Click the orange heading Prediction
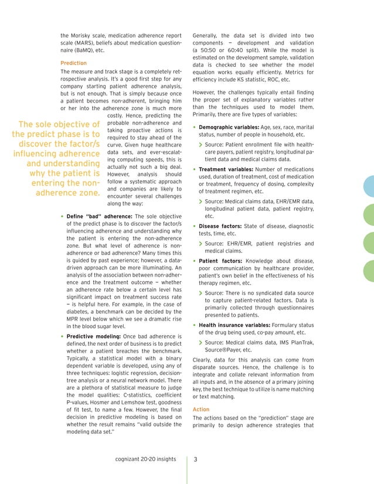point(73,63)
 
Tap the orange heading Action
point(200,410)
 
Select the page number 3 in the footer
point(196,459)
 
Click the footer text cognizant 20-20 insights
point(146,459)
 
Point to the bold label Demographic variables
point(226,127)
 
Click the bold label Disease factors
point(219,226)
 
